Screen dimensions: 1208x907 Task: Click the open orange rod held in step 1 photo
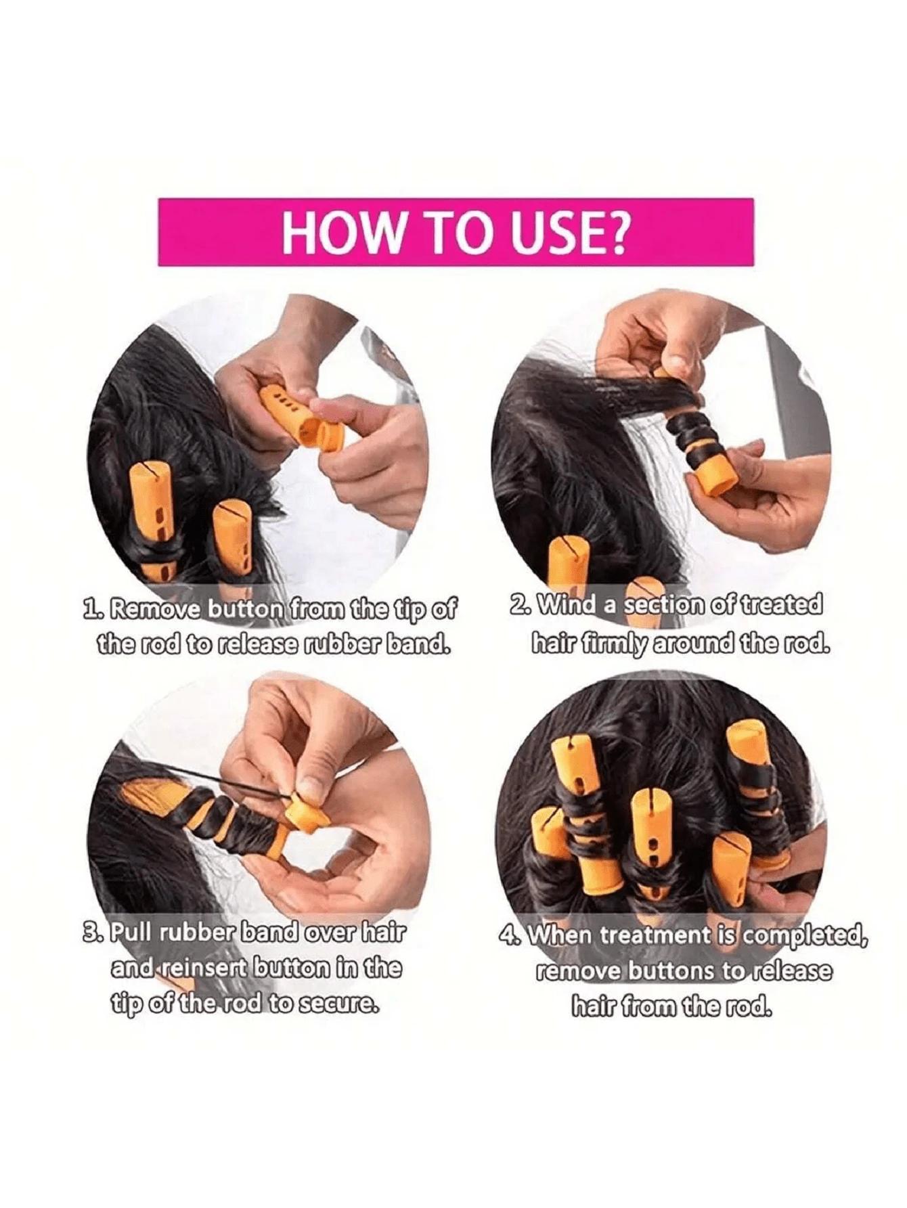[x=302, y=416]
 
